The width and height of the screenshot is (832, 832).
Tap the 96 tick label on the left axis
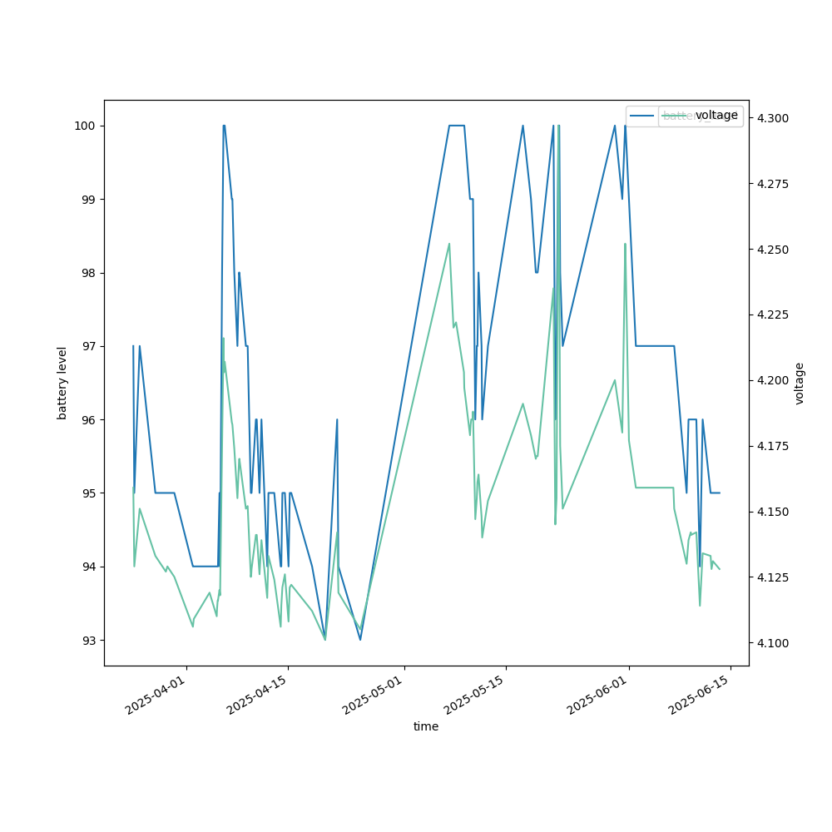87,419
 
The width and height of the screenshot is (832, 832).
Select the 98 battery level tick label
87,273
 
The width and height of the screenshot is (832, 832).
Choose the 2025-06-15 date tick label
701,696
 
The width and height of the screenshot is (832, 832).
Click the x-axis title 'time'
426,726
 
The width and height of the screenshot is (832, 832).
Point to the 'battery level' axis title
62,383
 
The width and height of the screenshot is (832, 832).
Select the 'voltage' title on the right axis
800,383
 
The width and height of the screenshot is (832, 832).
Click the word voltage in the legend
716,116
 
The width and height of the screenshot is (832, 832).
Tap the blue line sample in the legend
643,116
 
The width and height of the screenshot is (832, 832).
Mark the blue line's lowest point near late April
360,639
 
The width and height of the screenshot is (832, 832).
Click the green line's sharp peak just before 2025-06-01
625,244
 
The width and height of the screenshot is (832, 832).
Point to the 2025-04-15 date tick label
259,696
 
